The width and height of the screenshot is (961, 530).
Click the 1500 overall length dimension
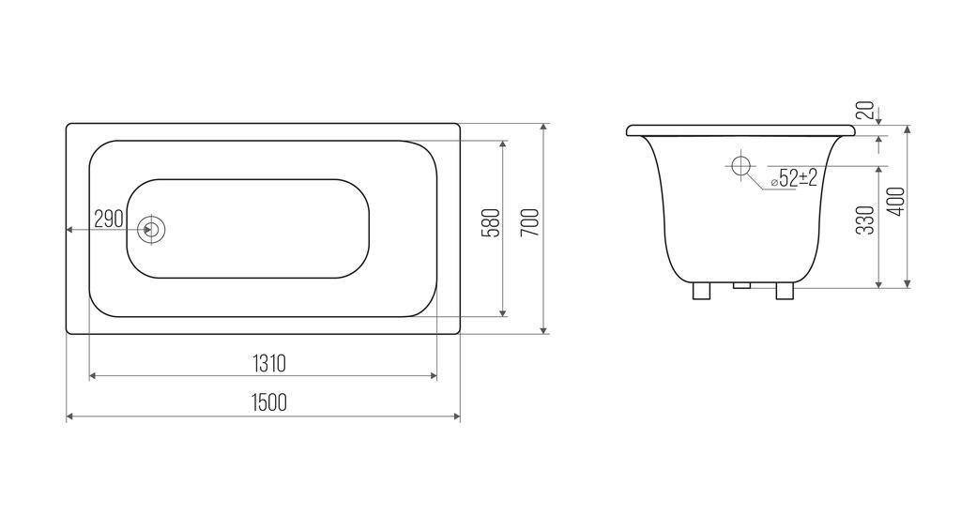[x=269, y=402]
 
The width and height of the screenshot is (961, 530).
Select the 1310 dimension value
[x=269, y=363]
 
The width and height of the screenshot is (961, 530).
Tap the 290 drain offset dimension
[x=109, y=219]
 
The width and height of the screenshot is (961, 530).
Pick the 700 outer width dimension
[x=531, y=223]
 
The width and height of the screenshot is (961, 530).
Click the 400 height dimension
[x=896, y=201]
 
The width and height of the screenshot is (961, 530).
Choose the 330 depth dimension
[x=864, y=220]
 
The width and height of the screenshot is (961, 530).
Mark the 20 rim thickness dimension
[x=864, y=111]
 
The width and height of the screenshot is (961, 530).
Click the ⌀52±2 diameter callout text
[x=794, y=178]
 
